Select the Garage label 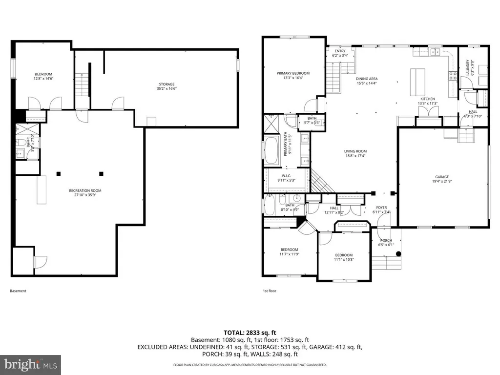[x=441, y=180]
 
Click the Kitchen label [x=427, y=102]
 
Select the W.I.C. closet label [x=287, y=178]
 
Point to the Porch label [x=386, y=242]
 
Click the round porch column [x=398, y=254]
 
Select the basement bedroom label [x=42, y=76]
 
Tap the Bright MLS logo [x=30, y=364]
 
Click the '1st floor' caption [x=270, y=291]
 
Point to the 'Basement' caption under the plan [x=18, y=291]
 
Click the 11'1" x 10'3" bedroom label [x=343, y=257]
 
